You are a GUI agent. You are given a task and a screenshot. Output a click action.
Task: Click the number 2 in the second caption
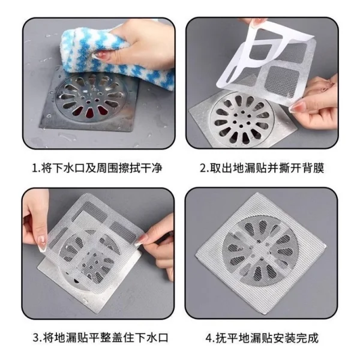coord(203,168)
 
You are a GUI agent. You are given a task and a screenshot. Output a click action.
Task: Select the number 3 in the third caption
coord(37,337)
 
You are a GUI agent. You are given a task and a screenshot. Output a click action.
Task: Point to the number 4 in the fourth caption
coord(209,338)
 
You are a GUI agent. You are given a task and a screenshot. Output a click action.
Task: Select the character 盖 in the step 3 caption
coord(118,337)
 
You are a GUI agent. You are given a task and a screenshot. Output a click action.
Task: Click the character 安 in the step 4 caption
coord(279,338)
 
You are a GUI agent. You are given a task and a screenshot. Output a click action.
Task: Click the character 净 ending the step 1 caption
coord(157,168)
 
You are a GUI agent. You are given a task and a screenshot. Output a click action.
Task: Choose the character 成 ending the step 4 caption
coord(313,338)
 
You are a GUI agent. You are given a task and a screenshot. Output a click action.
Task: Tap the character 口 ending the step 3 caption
coord(163,337)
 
